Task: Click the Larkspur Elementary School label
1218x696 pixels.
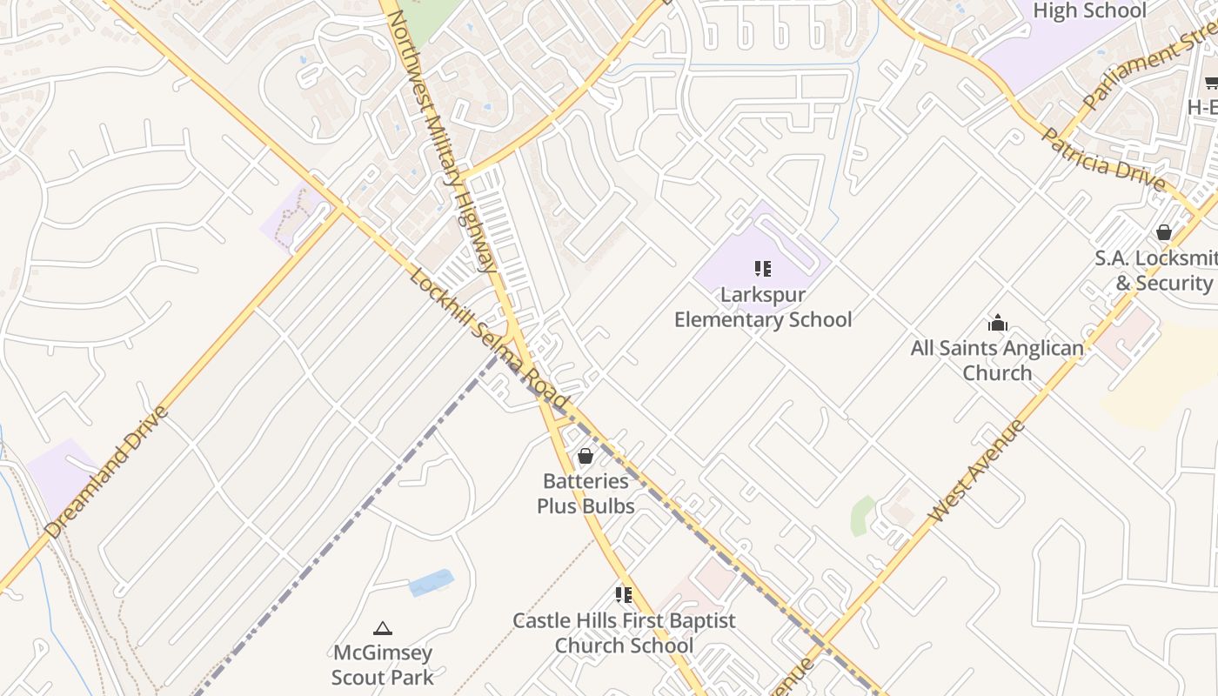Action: pos(763,307)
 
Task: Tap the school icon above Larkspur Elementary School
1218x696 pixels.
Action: pos(763,269)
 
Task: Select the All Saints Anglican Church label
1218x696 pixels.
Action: pos(997,360)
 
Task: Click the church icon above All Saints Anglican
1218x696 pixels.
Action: pos(997,324)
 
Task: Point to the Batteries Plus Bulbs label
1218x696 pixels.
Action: pos(586,493)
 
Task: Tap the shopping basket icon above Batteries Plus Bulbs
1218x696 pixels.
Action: pos(586,456)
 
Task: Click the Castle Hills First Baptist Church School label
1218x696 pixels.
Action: pos(624,632)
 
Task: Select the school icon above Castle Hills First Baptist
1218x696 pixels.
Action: pos(624,595)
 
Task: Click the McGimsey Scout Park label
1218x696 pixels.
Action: pos(382,664)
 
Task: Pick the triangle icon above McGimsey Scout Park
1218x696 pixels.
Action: pos(382,628)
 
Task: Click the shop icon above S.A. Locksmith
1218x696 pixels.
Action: pos(1164,232)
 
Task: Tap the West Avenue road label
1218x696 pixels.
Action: pos(976,471)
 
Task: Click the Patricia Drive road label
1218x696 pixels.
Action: pos(1102,160)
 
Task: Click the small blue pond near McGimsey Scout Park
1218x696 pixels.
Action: pos(432,583)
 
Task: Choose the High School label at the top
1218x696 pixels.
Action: pos(1089,10)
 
